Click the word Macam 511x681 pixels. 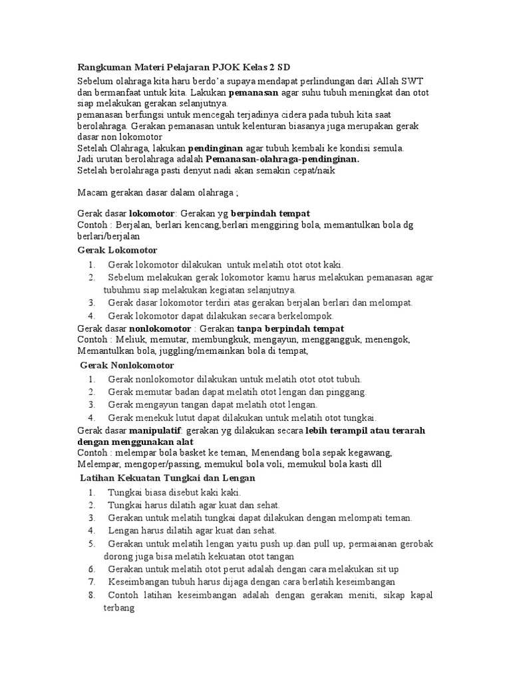pyautogui.click(x=90, y=193)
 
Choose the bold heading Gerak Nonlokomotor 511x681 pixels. pyautogui.click(x=127, y=365)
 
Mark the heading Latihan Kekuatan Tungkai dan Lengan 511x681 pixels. pyautogui.click(x=168, y=478)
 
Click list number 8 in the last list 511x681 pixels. pyautogui.click(x=91, y=595)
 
